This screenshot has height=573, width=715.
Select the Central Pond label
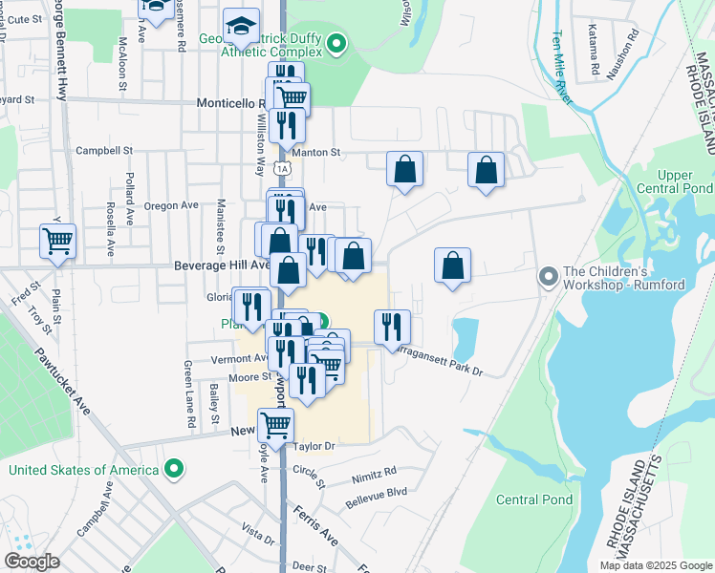click(x=534, y=499)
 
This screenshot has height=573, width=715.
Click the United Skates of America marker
click(x=173, y=469)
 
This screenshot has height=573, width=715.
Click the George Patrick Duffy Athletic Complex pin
click(x=336, y=43)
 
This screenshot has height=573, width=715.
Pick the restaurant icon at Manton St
click(x=287, y=125)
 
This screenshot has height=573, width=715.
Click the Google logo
click(x=32, y=561)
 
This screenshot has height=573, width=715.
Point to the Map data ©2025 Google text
click(x=655, y=565)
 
